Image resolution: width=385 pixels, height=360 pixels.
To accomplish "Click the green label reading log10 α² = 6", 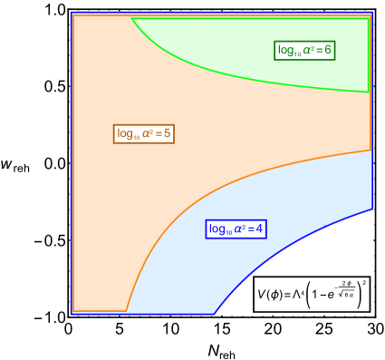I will tap(305, 50).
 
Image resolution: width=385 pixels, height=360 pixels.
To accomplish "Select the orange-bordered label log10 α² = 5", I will tap(144, 134).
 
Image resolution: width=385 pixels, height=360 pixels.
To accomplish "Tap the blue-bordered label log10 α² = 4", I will tap(236, 229).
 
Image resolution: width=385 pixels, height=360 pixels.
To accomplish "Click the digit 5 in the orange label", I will tap(168, 134).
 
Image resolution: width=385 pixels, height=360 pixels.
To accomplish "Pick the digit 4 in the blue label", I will tap(259, 229).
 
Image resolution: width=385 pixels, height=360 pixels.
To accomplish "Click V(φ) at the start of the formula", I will tap(270, 295).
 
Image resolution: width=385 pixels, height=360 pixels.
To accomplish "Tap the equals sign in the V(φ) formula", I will tap(288, 295).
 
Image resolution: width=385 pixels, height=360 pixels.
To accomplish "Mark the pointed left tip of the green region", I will tap(132, 19).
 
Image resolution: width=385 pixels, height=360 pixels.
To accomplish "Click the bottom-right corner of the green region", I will tap(369, 92).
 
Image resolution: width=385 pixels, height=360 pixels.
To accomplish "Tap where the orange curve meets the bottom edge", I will tap(126, 311).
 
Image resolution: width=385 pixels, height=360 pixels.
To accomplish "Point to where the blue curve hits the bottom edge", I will tap(215, 313).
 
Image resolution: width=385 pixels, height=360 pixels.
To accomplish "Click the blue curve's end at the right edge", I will tap(371, 209).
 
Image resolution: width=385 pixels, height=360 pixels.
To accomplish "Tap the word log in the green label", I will tap(286, 50).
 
